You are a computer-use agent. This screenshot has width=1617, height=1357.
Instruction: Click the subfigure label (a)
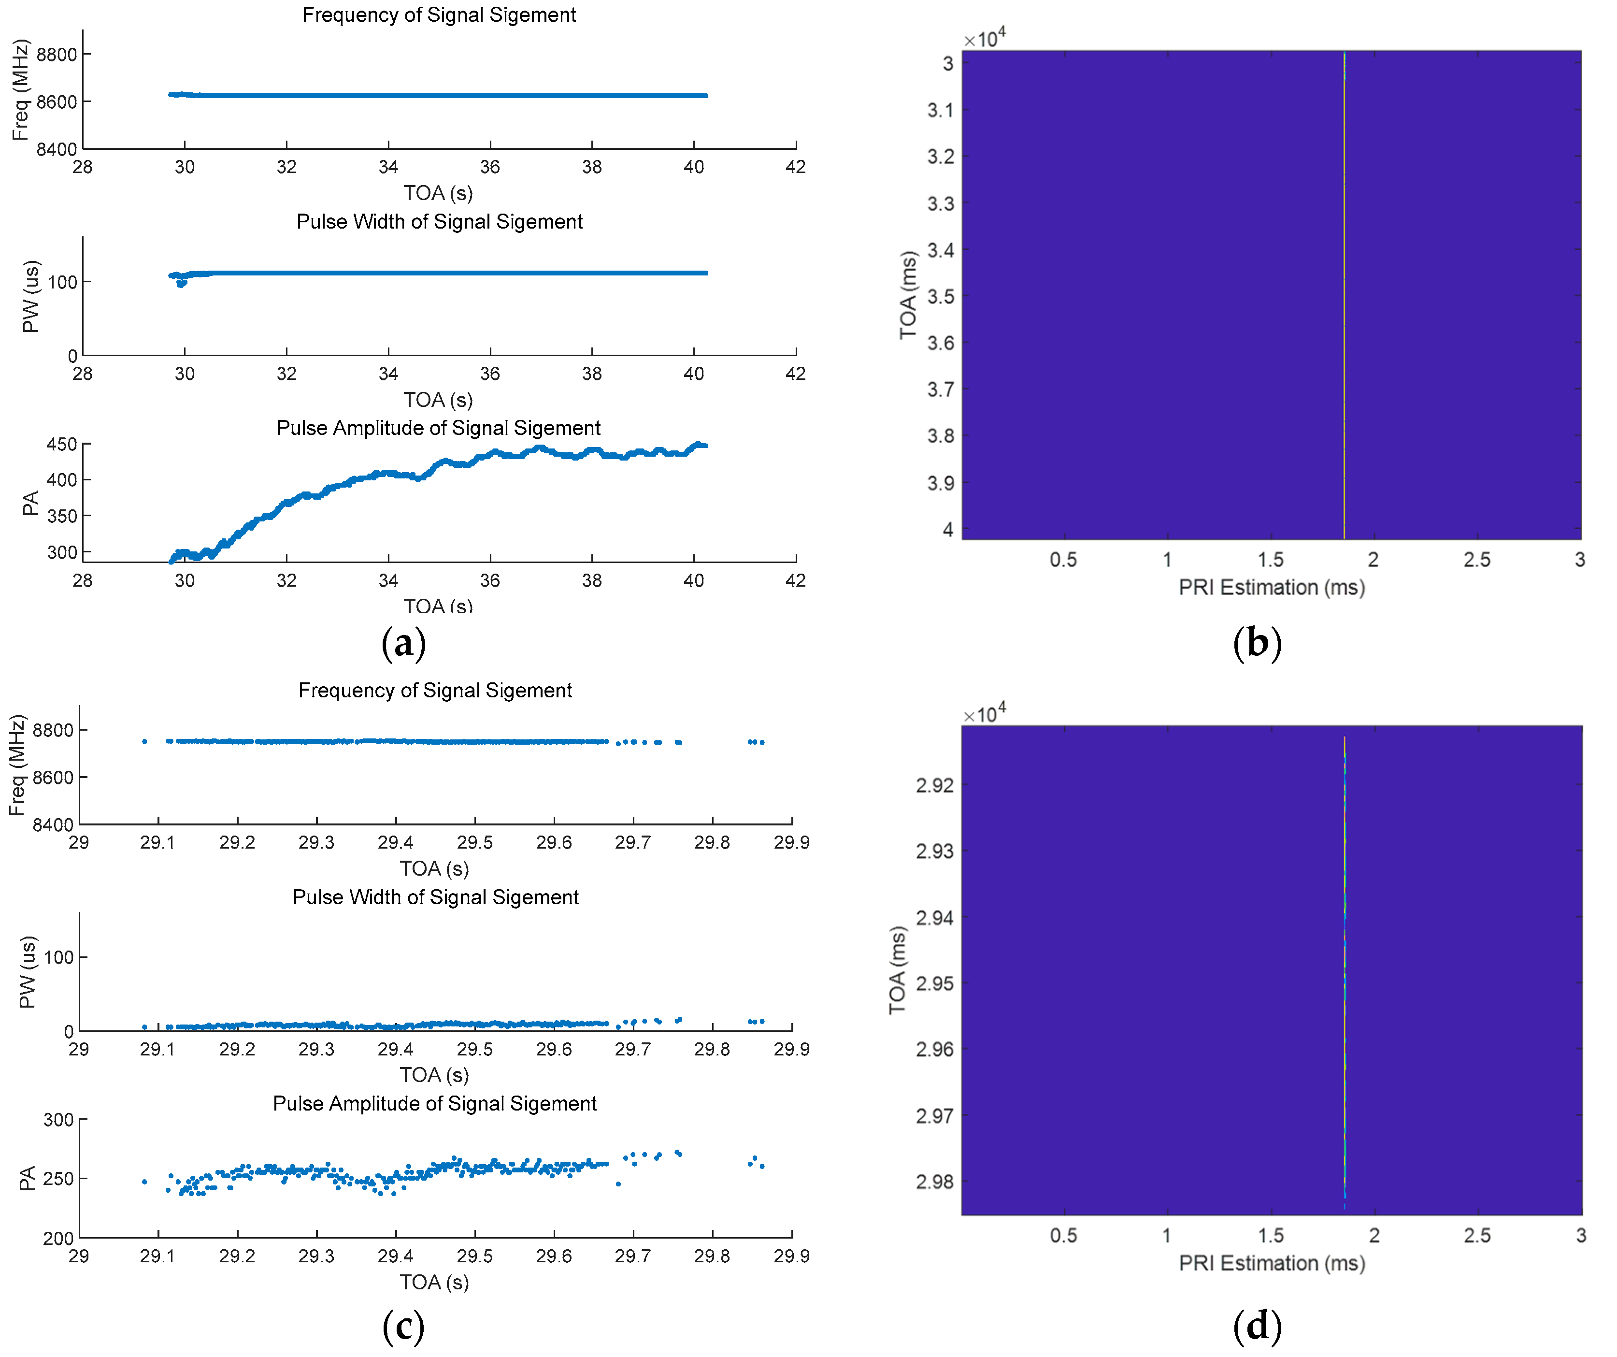click(403, 643)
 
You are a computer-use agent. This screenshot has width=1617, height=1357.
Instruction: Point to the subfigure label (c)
click(403, 1326)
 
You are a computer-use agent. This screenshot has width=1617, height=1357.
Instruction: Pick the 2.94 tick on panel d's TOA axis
click(934, 917)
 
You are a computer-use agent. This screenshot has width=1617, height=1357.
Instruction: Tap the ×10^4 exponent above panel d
click(985, 713)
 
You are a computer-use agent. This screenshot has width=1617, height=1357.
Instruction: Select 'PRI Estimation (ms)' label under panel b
click(1271, 588)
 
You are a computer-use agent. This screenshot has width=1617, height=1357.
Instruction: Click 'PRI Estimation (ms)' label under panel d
click(1271, 1263)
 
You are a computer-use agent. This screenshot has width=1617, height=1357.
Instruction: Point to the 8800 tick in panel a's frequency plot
click(57, 55)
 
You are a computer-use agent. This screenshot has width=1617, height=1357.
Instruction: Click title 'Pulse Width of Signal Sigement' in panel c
click(436, 897)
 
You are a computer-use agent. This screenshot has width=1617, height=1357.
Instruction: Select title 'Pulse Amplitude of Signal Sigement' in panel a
click(438, 428)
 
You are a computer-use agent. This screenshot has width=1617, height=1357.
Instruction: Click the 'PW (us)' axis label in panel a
click(31, 297)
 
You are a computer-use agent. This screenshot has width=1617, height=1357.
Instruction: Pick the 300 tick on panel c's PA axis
click(58, 1120)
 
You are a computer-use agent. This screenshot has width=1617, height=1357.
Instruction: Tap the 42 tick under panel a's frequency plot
click(795, 167)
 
